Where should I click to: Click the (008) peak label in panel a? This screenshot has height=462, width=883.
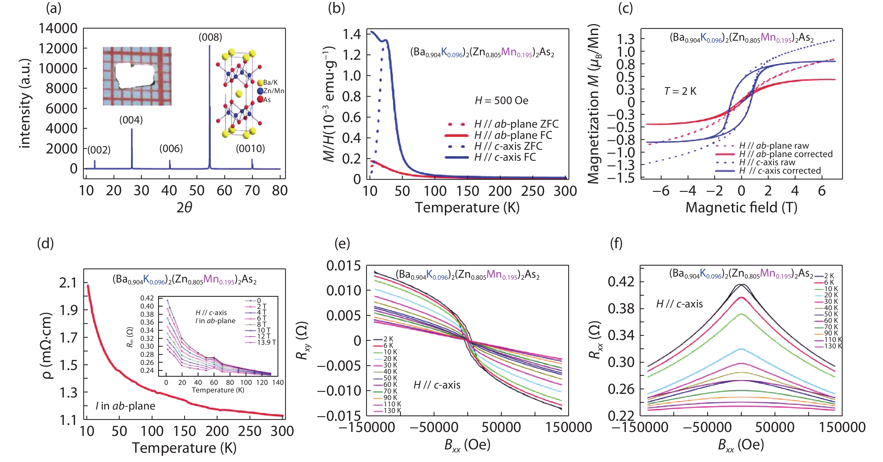(210, 37)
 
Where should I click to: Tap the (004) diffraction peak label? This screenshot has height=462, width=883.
(131, 120)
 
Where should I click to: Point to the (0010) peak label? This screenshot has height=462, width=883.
(250, 148)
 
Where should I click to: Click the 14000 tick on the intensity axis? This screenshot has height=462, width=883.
(57, 28)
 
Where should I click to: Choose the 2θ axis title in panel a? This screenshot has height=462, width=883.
(184, 208)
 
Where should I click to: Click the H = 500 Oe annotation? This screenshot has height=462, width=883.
(501, 100)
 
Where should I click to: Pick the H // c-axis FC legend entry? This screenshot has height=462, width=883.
(505, 157)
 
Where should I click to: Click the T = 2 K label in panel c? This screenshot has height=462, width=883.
(680, 91)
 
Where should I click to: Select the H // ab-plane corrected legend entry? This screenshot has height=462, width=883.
(785, 154)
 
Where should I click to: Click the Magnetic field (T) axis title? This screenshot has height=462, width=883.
(741, 208)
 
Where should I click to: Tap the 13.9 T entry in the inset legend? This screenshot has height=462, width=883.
(266, 342)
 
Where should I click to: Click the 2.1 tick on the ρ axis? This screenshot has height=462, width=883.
(68, 283)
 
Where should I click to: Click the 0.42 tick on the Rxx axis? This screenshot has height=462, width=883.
(621, 282)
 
